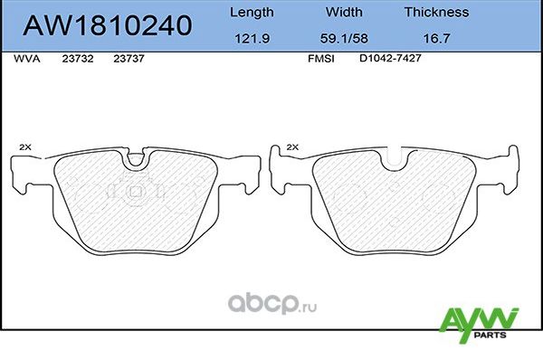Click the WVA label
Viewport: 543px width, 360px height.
click(x=25, y=57)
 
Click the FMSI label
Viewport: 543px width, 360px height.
click(x=321, y=57)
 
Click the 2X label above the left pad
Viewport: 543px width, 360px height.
click(x=24, y=146)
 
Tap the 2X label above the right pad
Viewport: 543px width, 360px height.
click(x=291, y=146)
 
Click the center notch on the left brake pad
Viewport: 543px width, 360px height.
click(x=137, y=160)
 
